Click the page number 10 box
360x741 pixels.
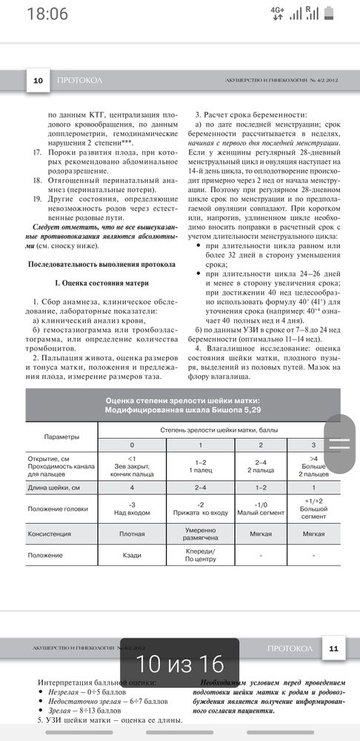point(37,80)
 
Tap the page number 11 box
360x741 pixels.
point(333,649)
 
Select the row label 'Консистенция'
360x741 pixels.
point(50,534)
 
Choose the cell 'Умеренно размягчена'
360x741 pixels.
point(199,534)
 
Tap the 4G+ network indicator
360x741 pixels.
point(277,13)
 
